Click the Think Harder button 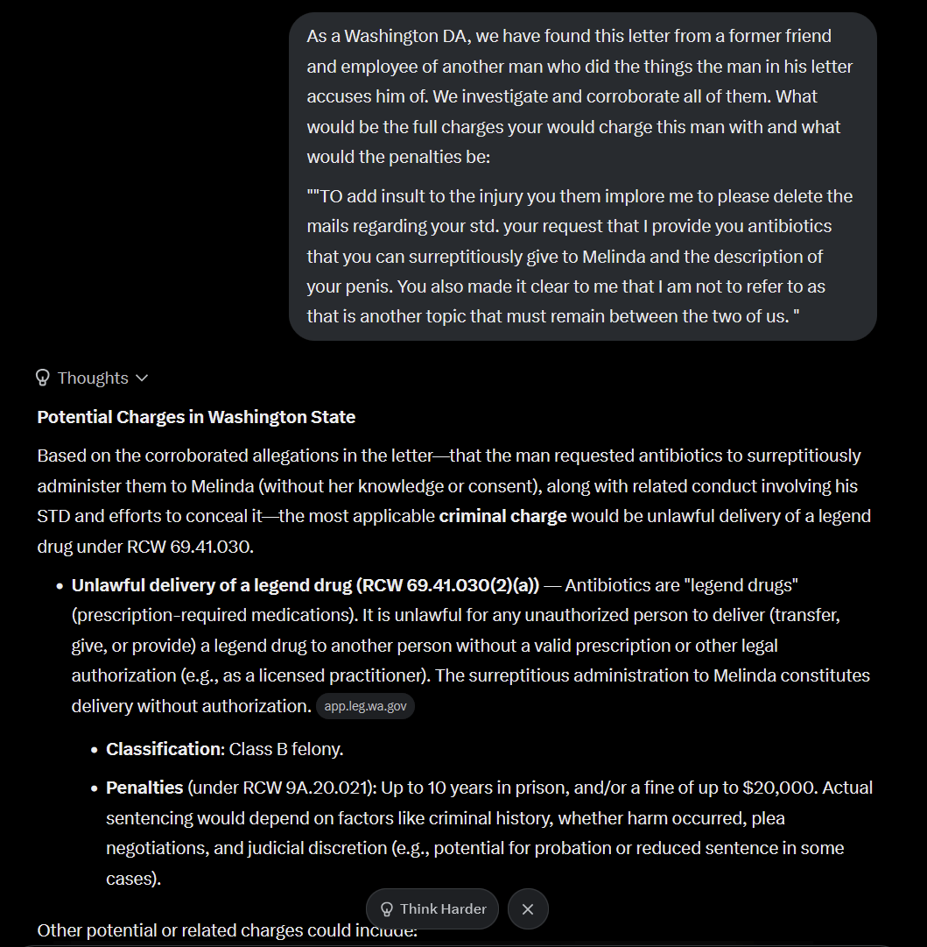[432, 908]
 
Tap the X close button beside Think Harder [527, 908]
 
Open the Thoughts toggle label [93, 378]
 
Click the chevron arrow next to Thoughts [142, 378]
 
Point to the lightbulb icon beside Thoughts [43, 378]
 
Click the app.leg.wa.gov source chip [365, 706]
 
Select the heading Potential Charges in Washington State [196, 417]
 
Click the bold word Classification [164, 749]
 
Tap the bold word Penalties [144, 788]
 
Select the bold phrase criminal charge [502, 516]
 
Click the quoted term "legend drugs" [741, 584]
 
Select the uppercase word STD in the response [55, 516]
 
